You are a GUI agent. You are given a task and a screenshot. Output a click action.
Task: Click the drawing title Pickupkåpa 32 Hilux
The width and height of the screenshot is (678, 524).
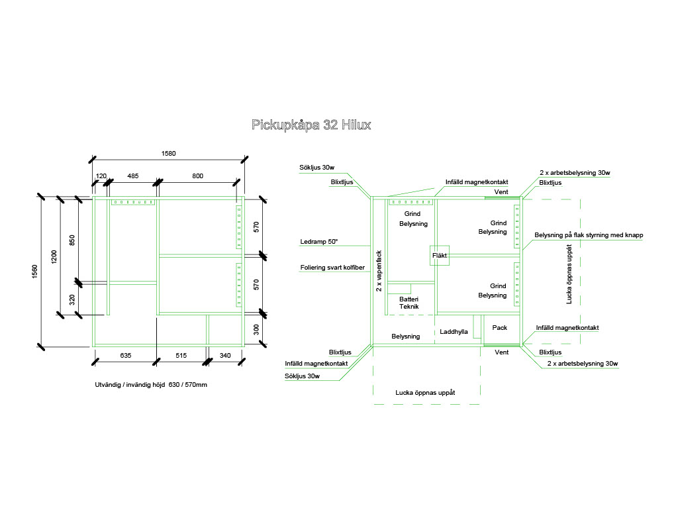tap(311, 125)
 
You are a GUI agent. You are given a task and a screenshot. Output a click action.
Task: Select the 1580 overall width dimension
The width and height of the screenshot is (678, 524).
tap(168, 153)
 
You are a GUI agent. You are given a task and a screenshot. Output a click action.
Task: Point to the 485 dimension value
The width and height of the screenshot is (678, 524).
tap(133, 176)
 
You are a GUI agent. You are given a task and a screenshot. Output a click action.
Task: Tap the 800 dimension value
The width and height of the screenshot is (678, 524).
tap(198, 176)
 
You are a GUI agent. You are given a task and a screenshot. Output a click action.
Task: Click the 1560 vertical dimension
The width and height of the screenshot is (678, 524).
tap(35, 272)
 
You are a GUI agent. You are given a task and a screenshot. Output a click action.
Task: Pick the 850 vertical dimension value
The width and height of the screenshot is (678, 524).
tap(72, 238)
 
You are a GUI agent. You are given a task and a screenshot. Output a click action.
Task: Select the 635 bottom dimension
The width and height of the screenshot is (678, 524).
tap(126, 356)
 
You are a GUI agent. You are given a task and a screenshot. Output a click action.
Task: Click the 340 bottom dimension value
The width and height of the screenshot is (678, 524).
tap(225, 356)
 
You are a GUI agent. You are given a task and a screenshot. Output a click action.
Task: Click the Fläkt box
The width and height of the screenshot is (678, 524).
tap(440, 255)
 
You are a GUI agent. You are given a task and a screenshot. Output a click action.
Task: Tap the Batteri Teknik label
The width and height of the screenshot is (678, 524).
tap(409, 303)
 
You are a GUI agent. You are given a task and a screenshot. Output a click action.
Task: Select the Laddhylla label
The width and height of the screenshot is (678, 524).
tap(454, 331)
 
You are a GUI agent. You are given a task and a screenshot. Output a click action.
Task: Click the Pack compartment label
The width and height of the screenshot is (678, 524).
tap(499, 327)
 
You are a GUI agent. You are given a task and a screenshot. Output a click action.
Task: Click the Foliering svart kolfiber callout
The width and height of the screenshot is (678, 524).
tap(332, 268)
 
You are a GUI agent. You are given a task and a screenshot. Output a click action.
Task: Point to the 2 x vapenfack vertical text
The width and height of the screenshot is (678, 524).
tap(379, 270)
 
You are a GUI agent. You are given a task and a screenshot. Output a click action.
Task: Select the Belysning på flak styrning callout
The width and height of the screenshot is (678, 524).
tap(589, 235)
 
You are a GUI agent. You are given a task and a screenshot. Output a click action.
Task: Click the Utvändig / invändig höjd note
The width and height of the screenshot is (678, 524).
tap(151, 385)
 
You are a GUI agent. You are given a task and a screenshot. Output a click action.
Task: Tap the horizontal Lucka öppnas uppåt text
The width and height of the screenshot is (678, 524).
tap(425, 393)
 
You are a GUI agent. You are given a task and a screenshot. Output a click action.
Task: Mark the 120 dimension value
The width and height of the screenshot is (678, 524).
tap(101, 176)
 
